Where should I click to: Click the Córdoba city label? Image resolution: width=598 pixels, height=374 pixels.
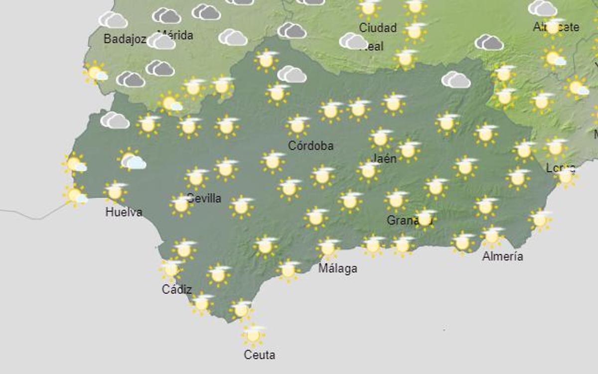310,146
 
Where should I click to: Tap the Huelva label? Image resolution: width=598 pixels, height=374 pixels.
124,212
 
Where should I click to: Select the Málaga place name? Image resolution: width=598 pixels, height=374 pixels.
338,268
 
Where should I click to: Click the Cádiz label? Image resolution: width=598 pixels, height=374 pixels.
176,289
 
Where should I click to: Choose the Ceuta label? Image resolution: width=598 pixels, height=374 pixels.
259,355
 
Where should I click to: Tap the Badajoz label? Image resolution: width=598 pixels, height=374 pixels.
125,39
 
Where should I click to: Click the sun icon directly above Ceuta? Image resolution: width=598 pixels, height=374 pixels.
253,335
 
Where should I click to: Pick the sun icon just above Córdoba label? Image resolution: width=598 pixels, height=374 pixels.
298,125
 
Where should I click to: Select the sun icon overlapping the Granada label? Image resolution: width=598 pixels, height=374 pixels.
425,218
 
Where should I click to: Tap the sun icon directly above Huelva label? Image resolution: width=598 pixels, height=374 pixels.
115,191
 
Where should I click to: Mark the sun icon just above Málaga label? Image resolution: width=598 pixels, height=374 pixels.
327,248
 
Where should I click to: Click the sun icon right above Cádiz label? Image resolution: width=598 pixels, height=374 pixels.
171,269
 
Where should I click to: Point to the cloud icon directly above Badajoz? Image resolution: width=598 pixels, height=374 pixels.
114,20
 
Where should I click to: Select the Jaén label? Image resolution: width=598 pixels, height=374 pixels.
384,158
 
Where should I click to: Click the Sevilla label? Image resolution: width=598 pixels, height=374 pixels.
204,198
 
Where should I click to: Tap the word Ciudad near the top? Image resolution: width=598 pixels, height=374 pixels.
378,28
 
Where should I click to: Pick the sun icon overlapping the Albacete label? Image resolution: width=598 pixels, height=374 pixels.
552,27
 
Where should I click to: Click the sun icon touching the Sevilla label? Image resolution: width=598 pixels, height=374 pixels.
181,204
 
